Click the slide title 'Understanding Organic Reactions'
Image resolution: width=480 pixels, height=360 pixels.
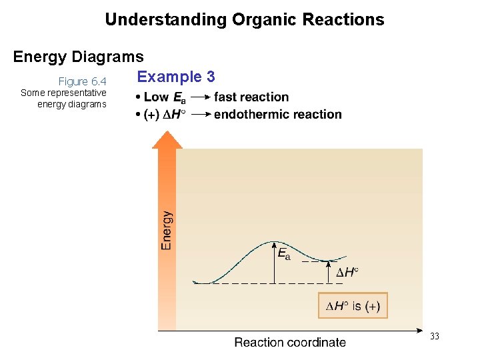click(244, 19)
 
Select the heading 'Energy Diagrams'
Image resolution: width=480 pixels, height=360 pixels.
click(78, 57)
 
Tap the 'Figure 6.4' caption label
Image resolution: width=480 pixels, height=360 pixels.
click(83, 81)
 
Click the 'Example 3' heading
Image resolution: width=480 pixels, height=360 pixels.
click(176, 77)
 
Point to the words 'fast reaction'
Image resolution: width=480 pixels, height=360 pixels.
click(251, 97)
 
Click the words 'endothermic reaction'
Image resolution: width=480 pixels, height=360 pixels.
click(277, 114)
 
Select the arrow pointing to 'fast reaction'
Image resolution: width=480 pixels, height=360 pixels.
click(199, 98)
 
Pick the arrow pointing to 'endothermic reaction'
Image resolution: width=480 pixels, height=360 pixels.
click(199, 115)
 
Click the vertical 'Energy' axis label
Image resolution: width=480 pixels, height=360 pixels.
click(167, 230)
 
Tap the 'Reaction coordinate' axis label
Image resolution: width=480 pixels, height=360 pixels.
click(290, 343)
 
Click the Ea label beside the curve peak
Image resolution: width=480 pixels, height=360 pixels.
click(283, 253)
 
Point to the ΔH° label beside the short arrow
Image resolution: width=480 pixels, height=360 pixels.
click(347, 272)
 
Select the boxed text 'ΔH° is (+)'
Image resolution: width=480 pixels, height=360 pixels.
click(353, 307)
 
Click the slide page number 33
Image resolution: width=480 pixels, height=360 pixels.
click(435, 337)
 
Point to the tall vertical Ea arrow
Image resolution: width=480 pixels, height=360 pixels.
click(275, 263)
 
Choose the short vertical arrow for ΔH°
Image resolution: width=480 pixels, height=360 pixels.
click(328, 272)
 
